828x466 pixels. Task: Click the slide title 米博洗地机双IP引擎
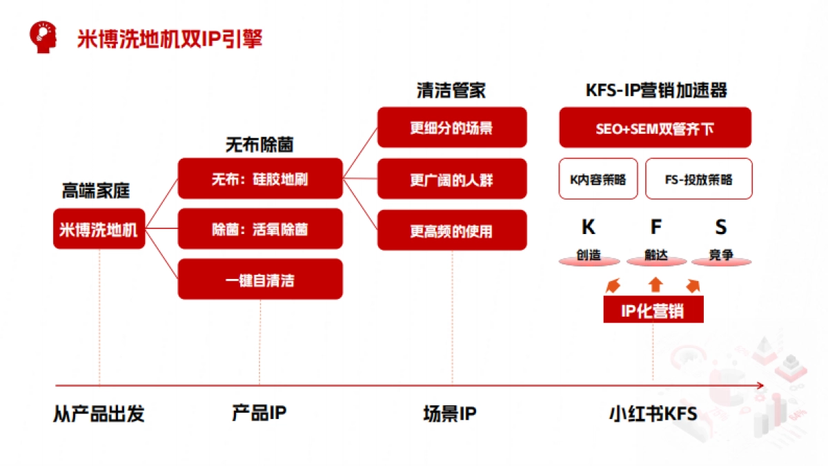(x=169, y=39)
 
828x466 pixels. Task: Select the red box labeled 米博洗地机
(x=99, y=229)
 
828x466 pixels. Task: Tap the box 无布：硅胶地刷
(x=260, y=179)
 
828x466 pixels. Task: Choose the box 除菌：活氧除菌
(x=260, y=229)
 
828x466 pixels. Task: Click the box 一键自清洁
(x=260, y=280)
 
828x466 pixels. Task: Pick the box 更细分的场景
(x=452, y=128)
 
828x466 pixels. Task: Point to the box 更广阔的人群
(x=452, y=179)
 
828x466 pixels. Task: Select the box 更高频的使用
(x=452, y=231)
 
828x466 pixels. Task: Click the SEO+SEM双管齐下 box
(x=655, y=128)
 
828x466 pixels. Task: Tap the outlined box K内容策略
(x=598, y=179)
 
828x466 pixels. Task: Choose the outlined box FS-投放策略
(x=698, y=179)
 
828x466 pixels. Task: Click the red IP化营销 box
(x=653, y=311)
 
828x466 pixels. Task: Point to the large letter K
(x=589, y=227)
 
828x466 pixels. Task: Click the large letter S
(x=720, y=227)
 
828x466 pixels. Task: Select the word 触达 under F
(x=656, y=255)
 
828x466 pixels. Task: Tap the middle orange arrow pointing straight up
(x=655, y=284)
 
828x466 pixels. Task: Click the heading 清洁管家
(x=451, y=90)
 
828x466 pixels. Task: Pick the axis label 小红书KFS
(x=653, y=414)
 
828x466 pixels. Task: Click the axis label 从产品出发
(x=99, y=414)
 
